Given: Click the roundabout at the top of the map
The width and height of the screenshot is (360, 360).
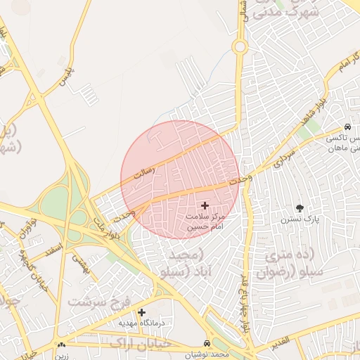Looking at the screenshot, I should [x=240, y=47].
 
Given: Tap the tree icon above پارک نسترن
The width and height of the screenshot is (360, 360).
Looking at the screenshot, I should [x=300, y=208].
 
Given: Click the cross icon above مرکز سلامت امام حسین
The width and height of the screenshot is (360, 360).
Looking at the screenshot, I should [x=205, y=205].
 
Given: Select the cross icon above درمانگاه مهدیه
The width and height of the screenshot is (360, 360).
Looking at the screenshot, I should [x=141, y=312].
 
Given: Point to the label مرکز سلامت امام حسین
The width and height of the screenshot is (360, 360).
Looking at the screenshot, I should [x=205, y=221].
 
